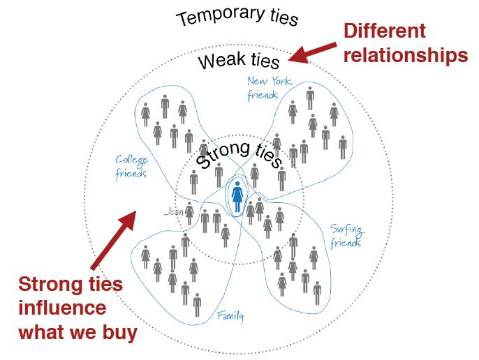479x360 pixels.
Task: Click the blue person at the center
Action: [x=238, y=196]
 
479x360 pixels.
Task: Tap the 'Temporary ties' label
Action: [x=237, y=17]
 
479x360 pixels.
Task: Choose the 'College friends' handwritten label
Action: [x=131, y=166]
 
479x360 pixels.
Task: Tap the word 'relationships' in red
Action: [x=405, y=54]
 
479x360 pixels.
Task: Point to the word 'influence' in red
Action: [x=63, y=308]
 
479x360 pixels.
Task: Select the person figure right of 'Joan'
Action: [x=189, y=212]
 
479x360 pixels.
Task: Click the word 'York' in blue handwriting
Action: [x=281, y=82]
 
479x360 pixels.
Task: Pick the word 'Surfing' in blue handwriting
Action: [x=347, y=230]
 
